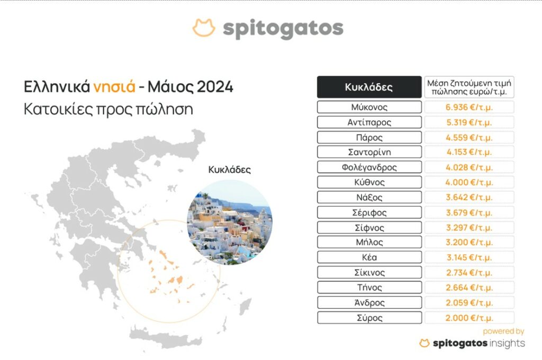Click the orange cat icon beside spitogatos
(204, 28)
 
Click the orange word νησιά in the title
(114, 86)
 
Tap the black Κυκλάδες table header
(369, 87)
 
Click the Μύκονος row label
(369, 107)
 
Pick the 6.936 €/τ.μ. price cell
(469, 107)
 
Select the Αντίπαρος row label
(369, 122)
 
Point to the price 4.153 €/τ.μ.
(469, 152)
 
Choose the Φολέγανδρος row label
(369, 167)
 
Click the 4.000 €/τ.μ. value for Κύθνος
(469, 182)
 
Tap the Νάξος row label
(369, 197)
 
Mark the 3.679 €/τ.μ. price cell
(469, 213)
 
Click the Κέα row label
(369, 258)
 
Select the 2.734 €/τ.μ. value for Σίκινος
(469, 273)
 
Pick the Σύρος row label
(369, 318)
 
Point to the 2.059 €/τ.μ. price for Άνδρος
(469, 303)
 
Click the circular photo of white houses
(230, 222)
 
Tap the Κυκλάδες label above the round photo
(230, 170)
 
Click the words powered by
(503, 331)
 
